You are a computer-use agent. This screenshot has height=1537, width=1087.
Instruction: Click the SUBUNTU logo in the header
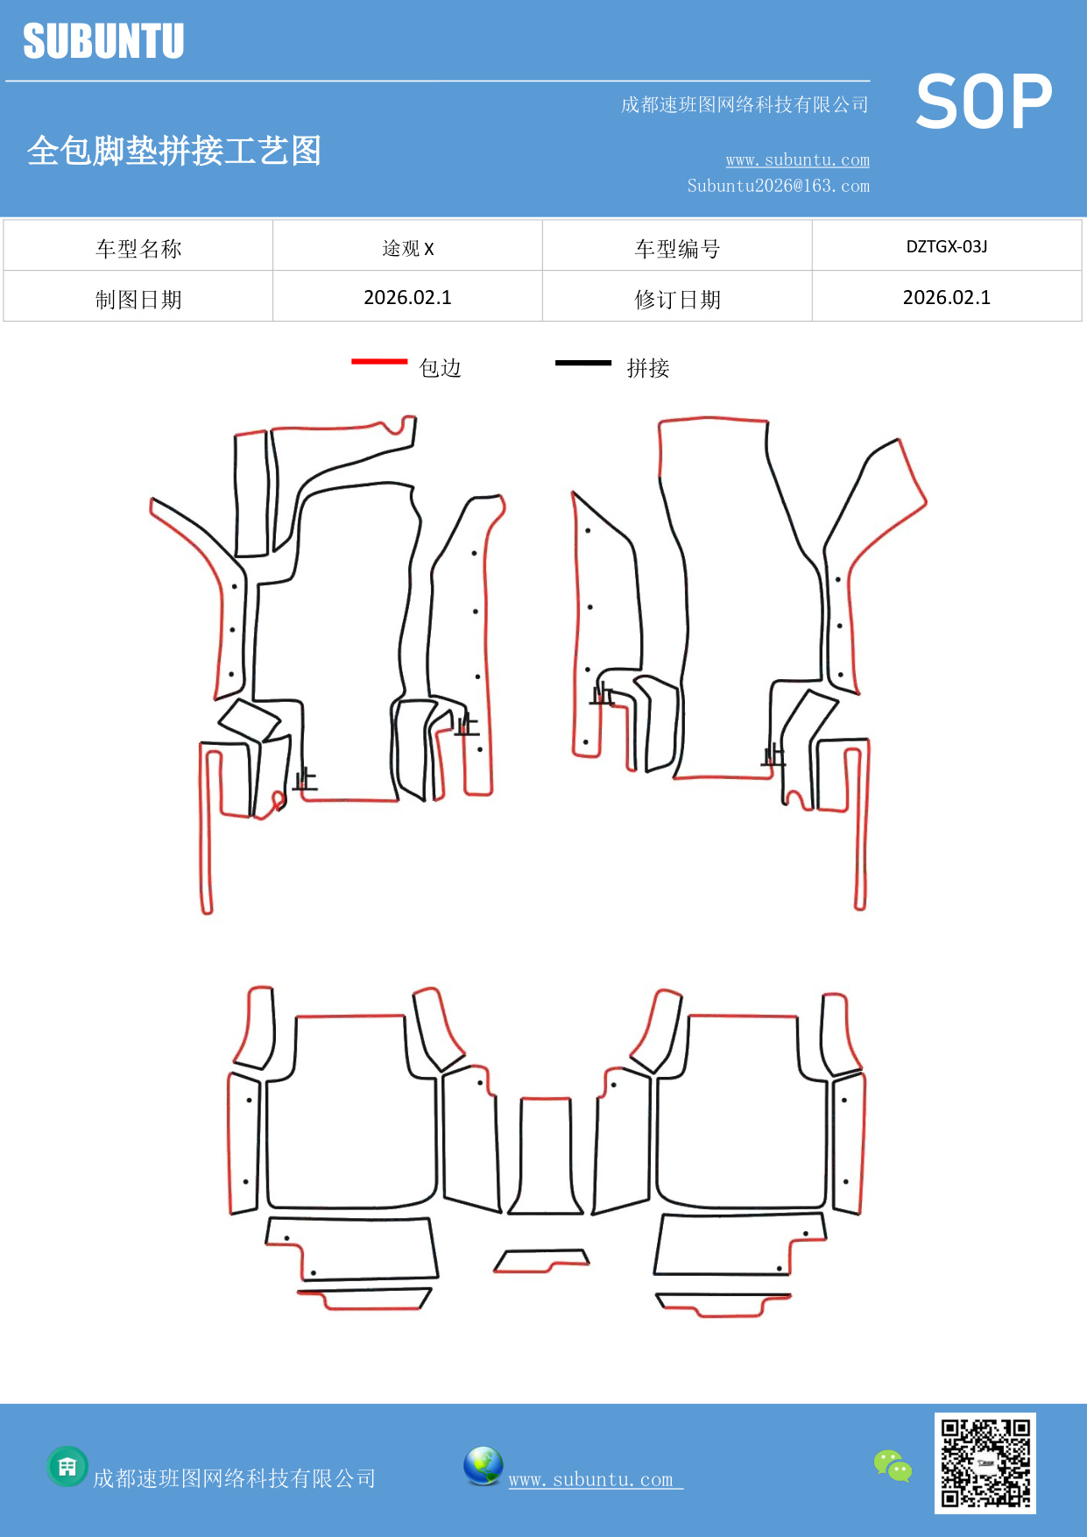(103, 41)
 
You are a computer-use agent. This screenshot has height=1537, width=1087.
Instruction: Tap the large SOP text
(984, 102)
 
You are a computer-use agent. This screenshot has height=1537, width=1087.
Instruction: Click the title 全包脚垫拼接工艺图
(174, 151)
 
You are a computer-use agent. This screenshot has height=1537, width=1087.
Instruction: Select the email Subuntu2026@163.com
(778, 186)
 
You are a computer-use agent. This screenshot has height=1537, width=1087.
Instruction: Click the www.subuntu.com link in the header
(797, 159)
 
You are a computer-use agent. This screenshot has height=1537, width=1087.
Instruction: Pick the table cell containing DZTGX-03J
(947, 246)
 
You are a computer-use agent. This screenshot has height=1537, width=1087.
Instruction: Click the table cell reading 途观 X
(407, 248)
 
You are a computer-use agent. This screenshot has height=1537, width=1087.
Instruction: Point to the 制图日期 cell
(138, 299)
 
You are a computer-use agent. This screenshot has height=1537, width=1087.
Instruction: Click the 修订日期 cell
(677, 299)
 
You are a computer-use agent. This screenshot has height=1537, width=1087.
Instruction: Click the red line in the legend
(379, 361)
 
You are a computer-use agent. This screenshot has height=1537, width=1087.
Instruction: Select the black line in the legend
(583, 362)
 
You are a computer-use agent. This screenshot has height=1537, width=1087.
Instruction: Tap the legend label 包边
(440, 368)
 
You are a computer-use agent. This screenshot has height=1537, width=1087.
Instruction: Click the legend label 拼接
(648, 368)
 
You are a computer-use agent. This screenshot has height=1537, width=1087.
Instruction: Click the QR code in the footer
(985, 1463)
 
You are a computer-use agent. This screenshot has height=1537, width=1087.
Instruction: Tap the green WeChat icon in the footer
(893, 1466)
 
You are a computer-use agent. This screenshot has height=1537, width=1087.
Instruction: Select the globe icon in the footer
(484, 1466)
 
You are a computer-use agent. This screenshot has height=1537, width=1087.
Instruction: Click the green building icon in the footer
(67, 1466)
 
